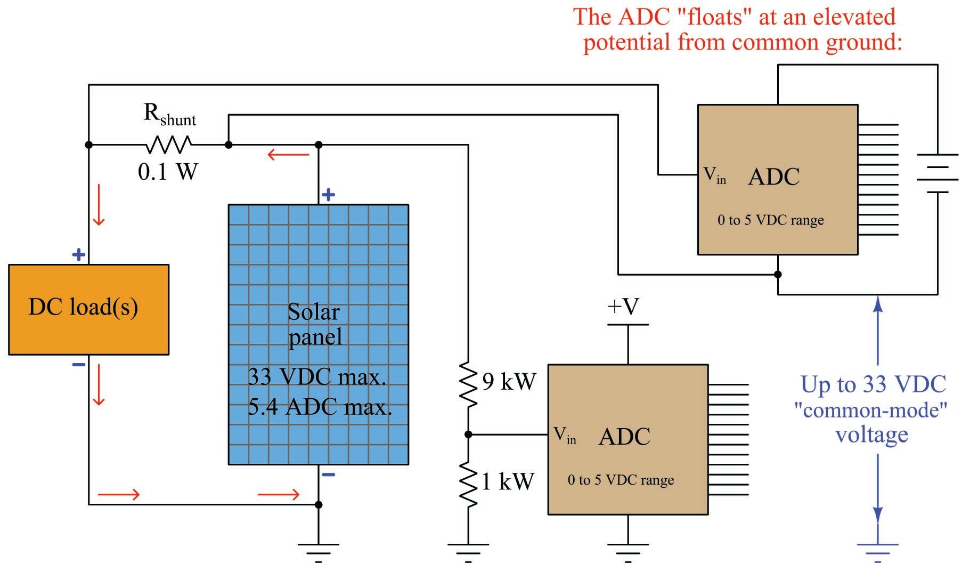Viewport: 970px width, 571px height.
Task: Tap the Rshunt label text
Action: pyautogui.click(x=169, y=115)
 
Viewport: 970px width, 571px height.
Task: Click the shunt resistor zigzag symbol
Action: pyautogui.click(x=168, y=144)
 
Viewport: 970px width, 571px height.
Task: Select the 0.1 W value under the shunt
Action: pyautogui.click(x=168, y=172)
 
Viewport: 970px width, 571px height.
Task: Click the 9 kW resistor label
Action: pyautogui.click(x=509, y=382)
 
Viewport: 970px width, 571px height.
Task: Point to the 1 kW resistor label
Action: pyautogui.click(x=507, y=481)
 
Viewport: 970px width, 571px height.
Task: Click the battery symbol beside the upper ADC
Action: pyautogui.click(x=937, y=173)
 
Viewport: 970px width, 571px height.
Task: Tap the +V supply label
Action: pyautogui.click(x=623, y=307)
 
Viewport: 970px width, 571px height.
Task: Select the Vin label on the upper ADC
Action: pyautogui.click(x=714, y=175)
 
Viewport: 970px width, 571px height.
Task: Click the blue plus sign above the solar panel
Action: pyautogui.click(x=328, y=195)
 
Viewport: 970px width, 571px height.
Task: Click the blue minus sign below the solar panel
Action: pyautogui.click(x=329, y=474)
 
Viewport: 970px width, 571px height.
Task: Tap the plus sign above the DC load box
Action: pyautogui.click(x=78, y=254)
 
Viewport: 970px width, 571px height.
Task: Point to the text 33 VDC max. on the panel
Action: pyautogui.click(x=316, y=377)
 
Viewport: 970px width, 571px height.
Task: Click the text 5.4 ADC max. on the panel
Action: pyautogui.click(x=320, y=407)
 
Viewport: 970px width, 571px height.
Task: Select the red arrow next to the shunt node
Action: pyautogui.click(x=288, y=155)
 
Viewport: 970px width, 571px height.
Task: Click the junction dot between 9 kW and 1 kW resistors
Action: pyautogui.click(x=468, y=435)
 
